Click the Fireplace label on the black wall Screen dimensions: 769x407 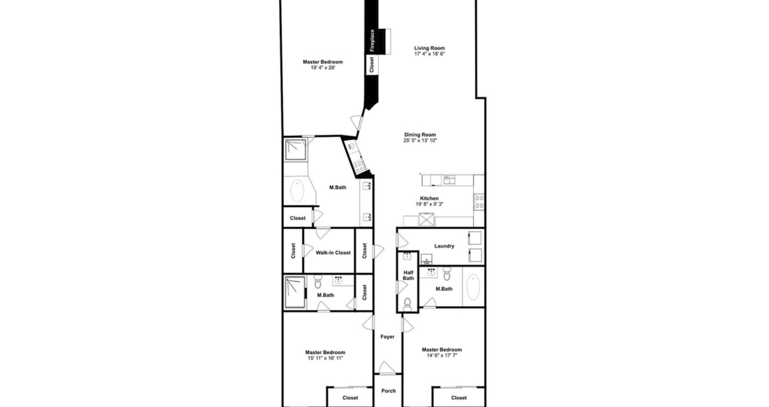[x=372, y=40]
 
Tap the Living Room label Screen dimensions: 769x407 [x=429, y=48]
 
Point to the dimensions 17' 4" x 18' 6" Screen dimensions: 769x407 [x=429, y=54]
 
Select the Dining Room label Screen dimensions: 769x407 [x=420, y=135]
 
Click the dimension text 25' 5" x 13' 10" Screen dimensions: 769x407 [x=420, y=141]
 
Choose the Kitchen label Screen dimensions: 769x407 [x=429, y=198]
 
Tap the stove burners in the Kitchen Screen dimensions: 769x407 [x=479, y=202]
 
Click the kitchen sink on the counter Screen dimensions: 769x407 [x=449, y=180]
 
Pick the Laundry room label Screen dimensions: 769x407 [x=444, y=246]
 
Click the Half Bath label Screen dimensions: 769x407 [x=408, y=275]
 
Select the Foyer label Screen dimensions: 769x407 [x=387, y=337]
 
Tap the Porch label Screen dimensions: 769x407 [x=388, y=391]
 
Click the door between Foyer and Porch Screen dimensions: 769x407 [x=387, y=368]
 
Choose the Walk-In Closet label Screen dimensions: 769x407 [x=333, y=253]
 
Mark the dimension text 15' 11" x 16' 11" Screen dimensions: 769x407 [x=325, y=358]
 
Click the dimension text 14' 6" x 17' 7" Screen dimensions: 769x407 [x=442, y=356]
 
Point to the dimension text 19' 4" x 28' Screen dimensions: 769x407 [x=323, y=68]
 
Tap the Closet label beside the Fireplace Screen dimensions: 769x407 [x=371, y=65]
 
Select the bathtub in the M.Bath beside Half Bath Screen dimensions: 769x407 [x=473, y=288]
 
